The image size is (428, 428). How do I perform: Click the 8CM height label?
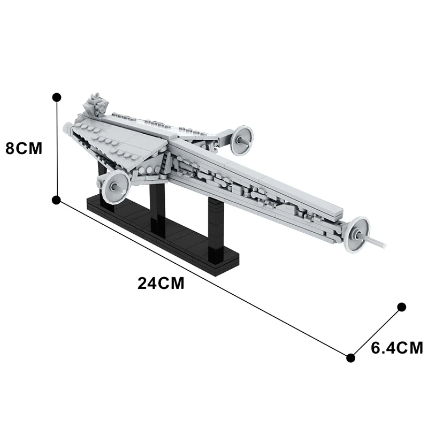[x=24, y=148]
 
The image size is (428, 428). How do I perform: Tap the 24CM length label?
[x=160, y=283]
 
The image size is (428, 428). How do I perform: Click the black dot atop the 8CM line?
[x=57, y=97]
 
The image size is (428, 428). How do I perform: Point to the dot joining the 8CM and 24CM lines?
[x=57, y=200]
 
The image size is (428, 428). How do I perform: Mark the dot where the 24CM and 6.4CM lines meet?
[x=351, y=357]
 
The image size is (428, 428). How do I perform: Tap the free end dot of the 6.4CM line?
[x=401, y=307]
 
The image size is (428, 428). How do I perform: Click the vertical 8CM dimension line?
[x=57, y=150]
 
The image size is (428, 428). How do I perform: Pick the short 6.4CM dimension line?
[x=376, y=332]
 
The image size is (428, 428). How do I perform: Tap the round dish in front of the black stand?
[x=114, y=187]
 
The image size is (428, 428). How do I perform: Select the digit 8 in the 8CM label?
[x=11, y=148]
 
